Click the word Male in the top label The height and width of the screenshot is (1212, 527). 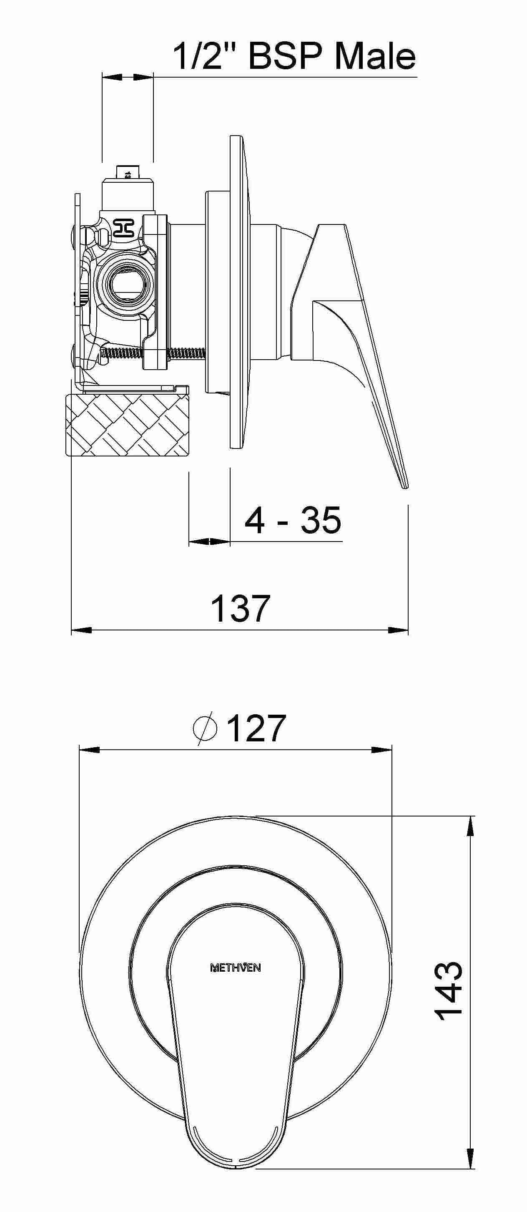(x=375, y=57)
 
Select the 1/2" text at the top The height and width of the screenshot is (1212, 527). (x=203, y=57)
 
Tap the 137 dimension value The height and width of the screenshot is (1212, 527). (x=241, y=608)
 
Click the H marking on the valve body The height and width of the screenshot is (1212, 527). (x=124, y=228)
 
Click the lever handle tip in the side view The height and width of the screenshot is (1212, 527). (x=404, y=485)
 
